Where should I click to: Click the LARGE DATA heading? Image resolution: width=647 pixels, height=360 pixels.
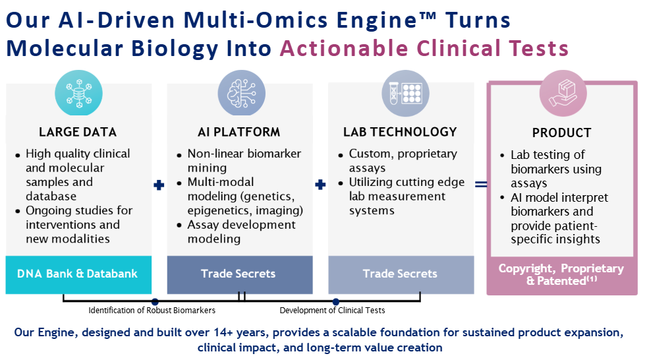click(78, 132)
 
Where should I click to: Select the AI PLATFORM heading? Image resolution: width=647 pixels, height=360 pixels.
click(239, 132)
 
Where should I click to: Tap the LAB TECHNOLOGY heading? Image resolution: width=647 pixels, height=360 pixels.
click(400, 132)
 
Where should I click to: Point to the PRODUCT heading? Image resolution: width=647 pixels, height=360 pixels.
click(561, 133)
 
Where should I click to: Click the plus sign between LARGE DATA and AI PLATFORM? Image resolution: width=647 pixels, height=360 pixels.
click(159, 185)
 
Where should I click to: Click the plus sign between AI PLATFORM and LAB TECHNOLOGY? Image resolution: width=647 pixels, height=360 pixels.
click(320, 185)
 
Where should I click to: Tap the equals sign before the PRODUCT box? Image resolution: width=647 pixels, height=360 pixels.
click(482, 185)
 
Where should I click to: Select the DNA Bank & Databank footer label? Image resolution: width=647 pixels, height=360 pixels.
click(78, 274)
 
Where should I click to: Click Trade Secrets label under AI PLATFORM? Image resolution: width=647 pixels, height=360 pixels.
click(239, 274)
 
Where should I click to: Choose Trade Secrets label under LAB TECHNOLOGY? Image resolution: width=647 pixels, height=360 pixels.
click(400, 274)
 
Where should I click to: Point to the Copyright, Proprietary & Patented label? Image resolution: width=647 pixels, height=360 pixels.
click(561, 274)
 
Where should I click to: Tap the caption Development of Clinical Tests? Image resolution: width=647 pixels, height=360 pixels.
click(332, 311)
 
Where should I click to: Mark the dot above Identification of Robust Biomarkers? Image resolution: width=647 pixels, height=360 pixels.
click(155, 301)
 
